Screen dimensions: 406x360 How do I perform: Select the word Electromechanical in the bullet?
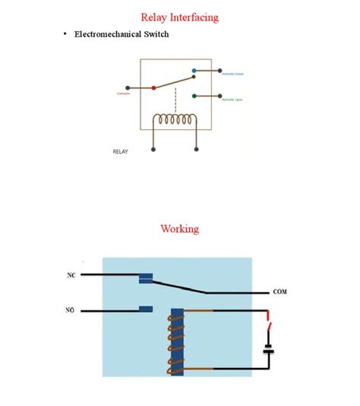click(x=109, y=34)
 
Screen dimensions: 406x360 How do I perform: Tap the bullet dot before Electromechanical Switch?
click(x=65, y=34)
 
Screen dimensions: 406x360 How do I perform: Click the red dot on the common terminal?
click(x=153, y=87)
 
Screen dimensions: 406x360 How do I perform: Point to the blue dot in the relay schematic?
click(x=194, y=71)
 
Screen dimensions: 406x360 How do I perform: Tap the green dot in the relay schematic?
click(x=194, y=97)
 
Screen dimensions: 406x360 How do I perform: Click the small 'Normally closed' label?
click(x=232, y=74)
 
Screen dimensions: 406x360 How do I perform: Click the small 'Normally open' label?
click(x=232, y=100)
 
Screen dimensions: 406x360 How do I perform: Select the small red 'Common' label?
click(x=124, y=94)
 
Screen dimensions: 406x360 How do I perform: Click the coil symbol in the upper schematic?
click(x=175, y=121)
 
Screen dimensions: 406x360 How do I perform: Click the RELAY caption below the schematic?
click(x=121, y=151)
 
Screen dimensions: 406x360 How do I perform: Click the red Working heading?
click(x=179, y=228)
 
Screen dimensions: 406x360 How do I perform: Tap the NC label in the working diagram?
click(x=71, y=274)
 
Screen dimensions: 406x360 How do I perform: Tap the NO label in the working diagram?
click(x=71, y=310)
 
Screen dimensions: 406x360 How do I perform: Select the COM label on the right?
click(x=280, y=292)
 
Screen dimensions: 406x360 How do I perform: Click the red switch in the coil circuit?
click(x=269, y=329)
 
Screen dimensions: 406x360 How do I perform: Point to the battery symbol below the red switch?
click(x=268, y=350)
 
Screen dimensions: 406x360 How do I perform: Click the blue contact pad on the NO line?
click(x=147, y=309)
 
